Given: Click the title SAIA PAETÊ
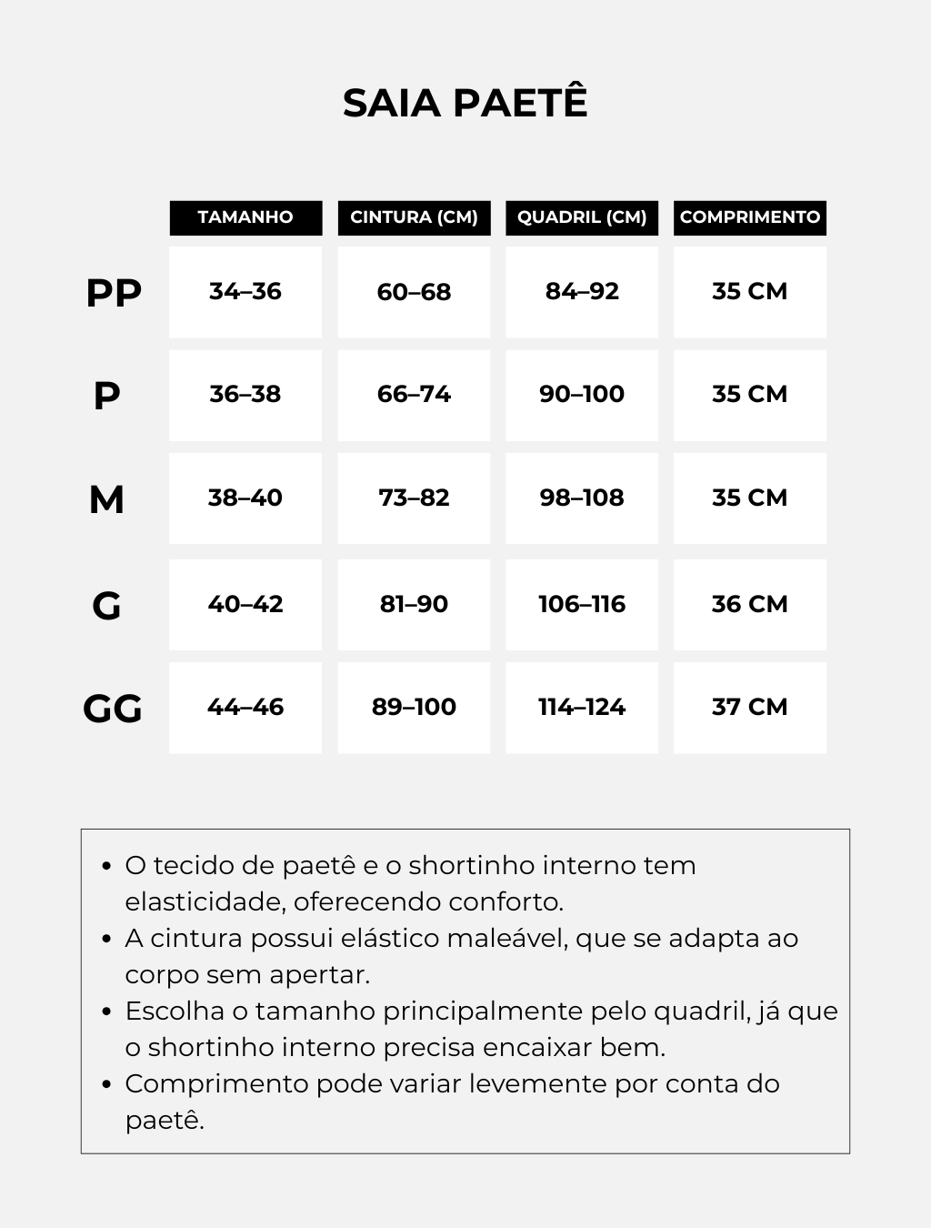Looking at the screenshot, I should (x=465, y=103).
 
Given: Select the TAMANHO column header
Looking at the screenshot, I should (x=245, y=217).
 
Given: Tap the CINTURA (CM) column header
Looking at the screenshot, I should (x=414, y=217).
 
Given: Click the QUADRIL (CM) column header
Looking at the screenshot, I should (x=582, y=217).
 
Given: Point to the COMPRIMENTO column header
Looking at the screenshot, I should (x=750, y=217).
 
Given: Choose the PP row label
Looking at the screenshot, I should (x=114, y=293).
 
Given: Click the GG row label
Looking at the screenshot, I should (x=113, y=709).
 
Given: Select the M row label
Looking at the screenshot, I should (x=106, y=499).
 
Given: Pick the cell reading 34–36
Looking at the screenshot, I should (x=245, y=292).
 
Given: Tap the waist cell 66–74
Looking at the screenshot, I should (x=414, y=395).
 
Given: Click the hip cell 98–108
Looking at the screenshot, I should (x=582, y=498).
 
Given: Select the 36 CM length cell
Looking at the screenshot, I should (x=750, y=604).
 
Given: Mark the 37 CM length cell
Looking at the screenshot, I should (x=750, y=708).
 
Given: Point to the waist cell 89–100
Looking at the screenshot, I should (x=414, y=708).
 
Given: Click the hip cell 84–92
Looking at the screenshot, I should (x=582, y=292).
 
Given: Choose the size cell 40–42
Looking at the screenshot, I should (x=245, y=604).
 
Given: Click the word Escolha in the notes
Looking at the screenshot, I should (x=175, y=1011).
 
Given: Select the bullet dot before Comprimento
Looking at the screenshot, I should (x=106, y=1084).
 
